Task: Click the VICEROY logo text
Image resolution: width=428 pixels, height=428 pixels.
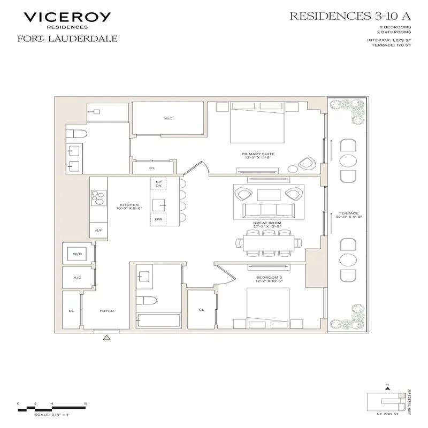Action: pyautogui.click(x=67, y=17)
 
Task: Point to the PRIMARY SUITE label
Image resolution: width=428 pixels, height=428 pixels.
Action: pyautogui.click(x=257, y=156)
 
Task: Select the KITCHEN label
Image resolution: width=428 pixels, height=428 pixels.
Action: pyautogui.click(x=129, y=205)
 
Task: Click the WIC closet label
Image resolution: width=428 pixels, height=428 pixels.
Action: pyautogui.click(x=168, y=118)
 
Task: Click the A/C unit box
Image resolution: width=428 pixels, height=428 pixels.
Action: pyautogui.click(x=78, y=278)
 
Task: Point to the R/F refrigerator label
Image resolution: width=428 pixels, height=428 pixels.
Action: pyautogui.click(x=98, y=231)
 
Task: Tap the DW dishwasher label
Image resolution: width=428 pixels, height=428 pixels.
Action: pyautogui.click(x=158, y=219)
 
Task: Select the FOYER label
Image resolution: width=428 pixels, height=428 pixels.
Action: pyautogui.click(x=106, y=310)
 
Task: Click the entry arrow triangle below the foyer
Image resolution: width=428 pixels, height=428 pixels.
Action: pyautogui.click(x=106, y=337)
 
